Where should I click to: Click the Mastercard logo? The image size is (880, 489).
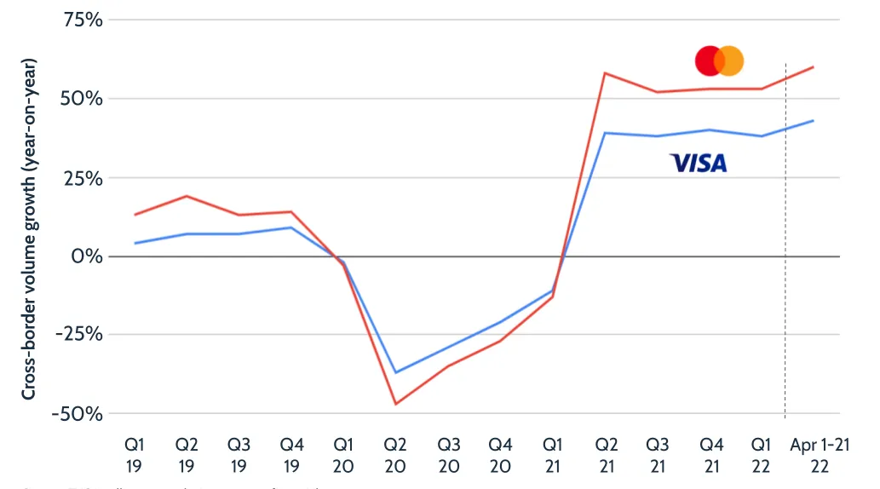719,61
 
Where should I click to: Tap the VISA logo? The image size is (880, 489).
699,163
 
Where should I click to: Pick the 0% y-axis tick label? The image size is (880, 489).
88,256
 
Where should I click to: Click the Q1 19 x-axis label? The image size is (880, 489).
135,456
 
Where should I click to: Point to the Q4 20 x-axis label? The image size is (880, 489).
501,456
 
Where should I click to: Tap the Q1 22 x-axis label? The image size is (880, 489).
762,456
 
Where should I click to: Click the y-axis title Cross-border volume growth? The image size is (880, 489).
29,228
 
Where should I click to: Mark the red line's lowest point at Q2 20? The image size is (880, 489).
396,404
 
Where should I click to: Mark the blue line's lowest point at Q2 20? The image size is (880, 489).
396,372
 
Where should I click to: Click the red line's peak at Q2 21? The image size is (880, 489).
604,73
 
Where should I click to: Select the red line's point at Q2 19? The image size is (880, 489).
187,196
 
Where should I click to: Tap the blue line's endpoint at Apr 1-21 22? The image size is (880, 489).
814,121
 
